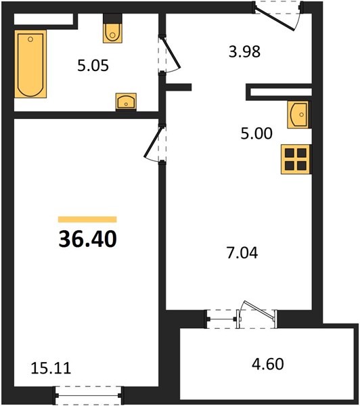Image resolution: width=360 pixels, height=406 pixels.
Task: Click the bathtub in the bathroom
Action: (30, 64)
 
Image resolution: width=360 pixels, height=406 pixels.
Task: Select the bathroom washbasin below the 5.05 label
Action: (126, 101)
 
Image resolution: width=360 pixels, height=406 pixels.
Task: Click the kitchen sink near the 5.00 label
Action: (298, 115)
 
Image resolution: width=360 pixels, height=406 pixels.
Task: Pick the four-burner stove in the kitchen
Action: (296, 159)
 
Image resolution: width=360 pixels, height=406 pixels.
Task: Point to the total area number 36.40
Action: (88, 240)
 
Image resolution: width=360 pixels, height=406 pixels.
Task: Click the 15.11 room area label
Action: (51, 368)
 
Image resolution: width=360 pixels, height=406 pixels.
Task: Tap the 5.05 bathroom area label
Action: (93, 66)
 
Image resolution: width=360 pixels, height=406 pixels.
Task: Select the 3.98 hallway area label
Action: (244, 51)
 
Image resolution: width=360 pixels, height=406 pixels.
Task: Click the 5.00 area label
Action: (256, 133)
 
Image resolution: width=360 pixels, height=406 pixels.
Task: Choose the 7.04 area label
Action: (242, 253)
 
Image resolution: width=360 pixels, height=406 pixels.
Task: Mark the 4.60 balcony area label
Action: (268, 364)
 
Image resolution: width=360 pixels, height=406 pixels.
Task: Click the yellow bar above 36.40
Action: (87, 219)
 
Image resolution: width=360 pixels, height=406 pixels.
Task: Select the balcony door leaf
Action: (258, 309)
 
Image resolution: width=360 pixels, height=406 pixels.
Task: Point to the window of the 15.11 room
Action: (89, 396)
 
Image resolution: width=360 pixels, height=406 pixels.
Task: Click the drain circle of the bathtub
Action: (30, 39)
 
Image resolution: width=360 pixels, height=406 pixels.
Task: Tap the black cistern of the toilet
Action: (112, 19)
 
